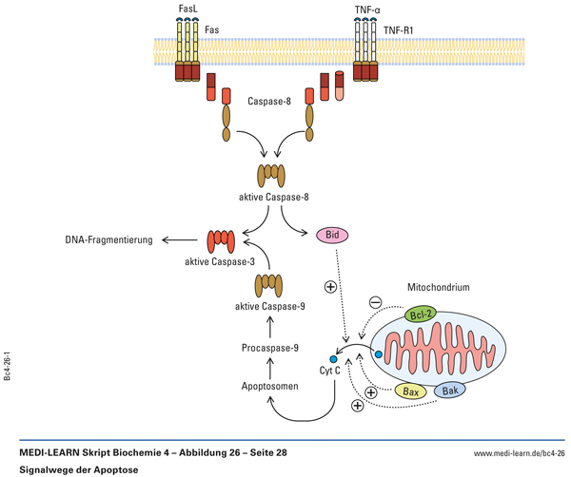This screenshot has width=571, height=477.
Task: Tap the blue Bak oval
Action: (451, 391)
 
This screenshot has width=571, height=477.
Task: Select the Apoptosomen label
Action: (268, 387)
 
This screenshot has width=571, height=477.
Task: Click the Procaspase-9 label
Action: (269, 349)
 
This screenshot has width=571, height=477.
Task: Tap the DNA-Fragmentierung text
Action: (108, 240)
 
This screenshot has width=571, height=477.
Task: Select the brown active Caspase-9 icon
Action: (269, 284)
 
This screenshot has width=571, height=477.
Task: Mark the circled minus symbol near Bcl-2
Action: (375, 303)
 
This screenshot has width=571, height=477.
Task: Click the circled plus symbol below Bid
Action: (330, 286)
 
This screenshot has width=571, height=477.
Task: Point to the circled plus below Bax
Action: (358, 406)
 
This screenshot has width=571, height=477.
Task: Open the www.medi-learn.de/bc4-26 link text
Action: (513, 452)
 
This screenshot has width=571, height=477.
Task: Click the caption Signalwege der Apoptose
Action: (76, 468)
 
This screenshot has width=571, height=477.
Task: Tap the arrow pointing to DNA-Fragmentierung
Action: (175, 240)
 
